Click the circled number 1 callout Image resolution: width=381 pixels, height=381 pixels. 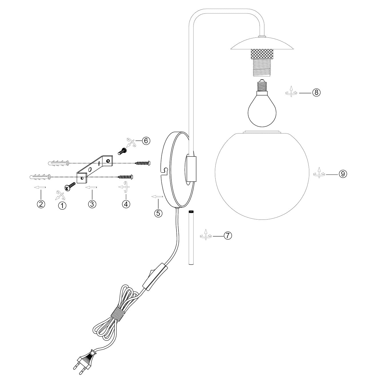pyautogui.click(x=62, y=205)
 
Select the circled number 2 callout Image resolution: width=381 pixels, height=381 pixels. pyautogui.click(x=41, y=204)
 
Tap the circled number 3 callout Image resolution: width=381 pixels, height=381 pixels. pyautogui.click(x=92, y=204)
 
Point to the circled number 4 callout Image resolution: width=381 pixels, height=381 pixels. pyautogui.click(x=126, y=204)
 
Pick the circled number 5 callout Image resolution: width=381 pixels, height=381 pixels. pyautogui.click(x=158, y=213)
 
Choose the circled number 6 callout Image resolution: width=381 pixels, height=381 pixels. pyautogui.click(x=146, y=141)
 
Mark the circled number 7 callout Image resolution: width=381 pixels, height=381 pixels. pyautogui.click(x=228, y=236)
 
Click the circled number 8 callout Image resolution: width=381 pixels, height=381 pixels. pyautogui.click(x=316, y=92)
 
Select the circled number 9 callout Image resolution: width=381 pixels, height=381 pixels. pyautogui.click(x=343, y=174)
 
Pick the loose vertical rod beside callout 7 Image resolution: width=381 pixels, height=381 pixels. pyautogui.click(x=191, y=238)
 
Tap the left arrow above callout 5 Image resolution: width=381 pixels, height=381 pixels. pyautogui.click(x=157, y=197)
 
